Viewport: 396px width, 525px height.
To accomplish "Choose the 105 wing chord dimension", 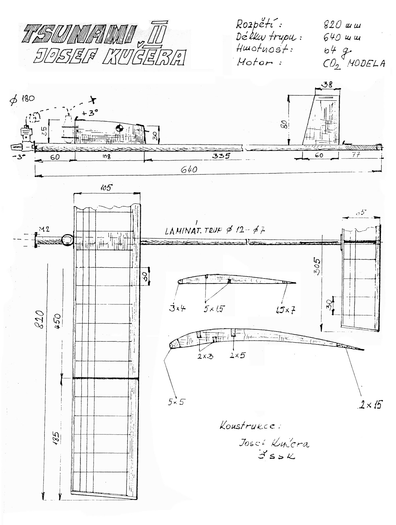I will click(x=106, y=188).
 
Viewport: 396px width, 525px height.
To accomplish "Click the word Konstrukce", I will click(x=250, y=426).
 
